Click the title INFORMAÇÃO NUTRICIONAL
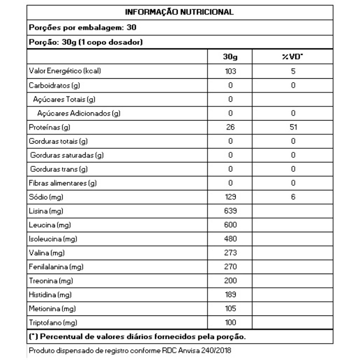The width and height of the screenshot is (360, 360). [x=180, y=12]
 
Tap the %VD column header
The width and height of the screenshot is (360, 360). [x=292, y=57]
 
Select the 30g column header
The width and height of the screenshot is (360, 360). [x=230, y=57]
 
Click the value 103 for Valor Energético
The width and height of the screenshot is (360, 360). [x=230, y=71]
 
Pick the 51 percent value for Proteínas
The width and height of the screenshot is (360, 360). [x=292, y=127]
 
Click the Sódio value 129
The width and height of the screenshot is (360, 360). [x=230, y=197]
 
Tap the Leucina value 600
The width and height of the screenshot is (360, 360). [x=230, y=225]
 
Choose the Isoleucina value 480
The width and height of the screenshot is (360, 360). [x=230, y=239]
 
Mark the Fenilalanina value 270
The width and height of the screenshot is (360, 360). [x=230, y=267]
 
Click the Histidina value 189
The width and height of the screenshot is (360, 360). [x=230, y=295]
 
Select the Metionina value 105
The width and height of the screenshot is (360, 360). [x=230, y=309]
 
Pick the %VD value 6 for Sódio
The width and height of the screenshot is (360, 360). [x=292, y=197]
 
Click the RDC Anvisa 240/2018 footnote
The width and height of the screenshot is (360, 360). [x=130, y=350]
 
